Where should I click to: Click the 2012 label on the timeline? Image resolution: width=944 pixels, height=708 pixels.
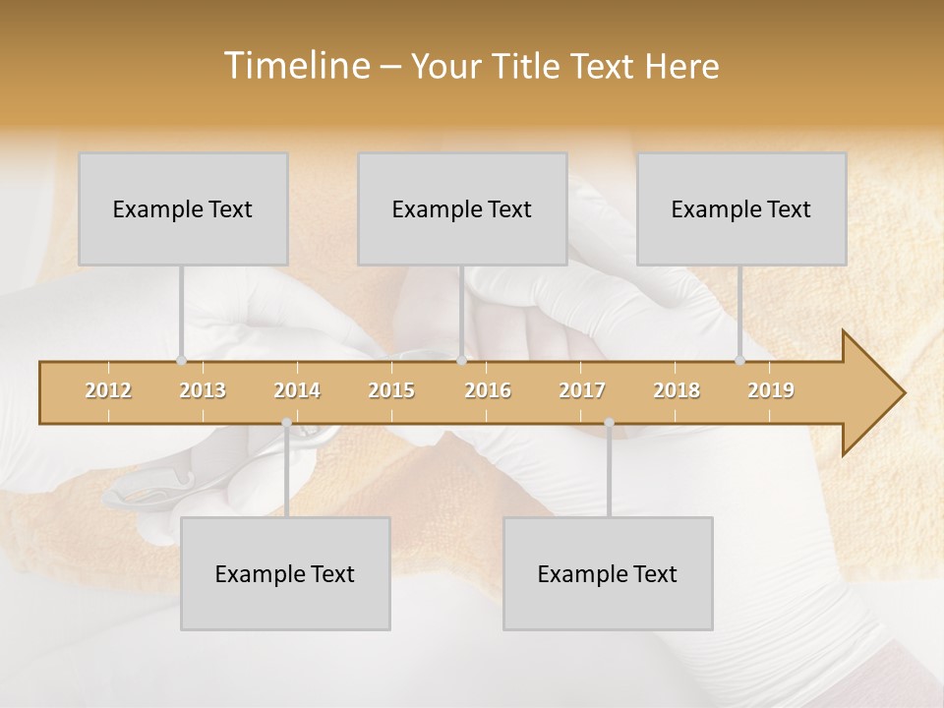coord(108,390)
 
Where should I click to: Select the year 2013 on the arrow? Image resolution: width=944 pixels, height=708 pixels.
coord(203,390)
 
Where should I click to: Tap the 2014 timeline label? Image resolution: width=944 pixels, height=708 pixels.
coord(297,390)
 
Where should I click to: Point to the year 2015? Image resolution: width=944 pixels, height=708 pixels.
coord(391,390)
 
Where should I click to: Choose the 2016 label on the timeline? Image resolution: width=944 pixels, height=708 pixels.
coord(488,390)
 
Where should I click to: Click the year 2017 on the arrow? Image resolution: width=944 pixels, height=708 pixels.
coord(582,390)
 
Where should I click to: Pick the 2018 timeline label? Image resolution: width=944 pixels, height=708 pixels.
coord(677,390)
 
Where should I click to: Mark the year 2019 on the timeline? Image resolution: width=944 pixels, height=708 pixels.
coord(771,390)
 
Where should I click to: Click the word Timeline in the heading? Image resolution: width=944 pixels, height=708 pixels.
coord(295,66)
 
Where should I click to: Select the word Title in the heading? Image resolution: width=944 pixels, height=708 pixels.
coord(526,67)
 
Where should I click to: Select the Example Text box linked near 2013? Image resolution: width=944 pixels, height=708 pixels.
coord(183,208)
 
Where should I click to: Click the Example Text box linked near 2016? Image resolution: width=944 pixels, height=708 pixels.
coord(462,208)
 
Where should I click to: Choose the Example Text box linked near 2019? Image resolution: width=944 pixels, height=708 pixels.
coord(741,208)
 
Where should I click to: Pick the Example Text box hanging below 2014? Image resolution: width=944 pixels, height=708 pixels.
coord(285,573)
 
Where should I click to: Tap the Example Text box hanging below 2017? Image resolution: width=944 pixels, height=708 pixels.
coord(608,573)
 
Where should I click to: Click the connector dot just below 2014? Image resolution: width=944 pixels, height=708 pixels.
coord(286,423)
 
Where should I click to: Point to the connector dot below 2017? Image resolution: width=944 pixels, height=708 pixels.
coord(609,423)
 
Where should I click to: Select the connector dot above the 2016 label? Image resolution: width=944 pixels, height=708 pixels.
coord(461,361)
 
